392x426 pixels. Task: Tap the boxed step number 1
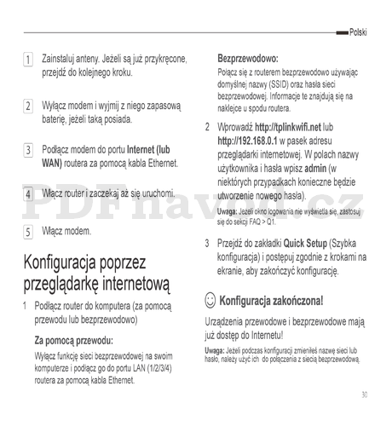tap(27, 60)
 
